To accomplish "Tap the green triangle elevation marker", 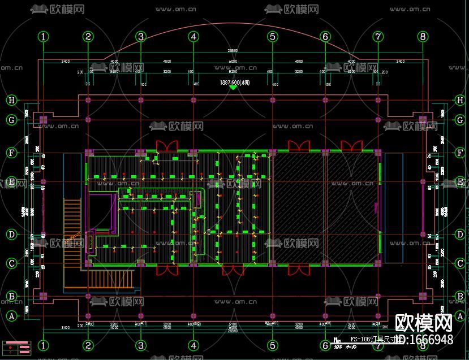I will coord(233,88).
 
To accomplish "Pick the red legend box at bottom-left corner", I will coord(17,346).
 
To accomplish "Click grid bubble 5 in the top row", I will coord(273,37).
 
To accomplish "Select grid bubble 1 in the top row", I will coord(44,37).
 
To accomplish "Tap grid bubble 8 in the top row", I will coord(423,37).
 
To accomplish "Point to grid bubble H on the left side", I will coord(11,100).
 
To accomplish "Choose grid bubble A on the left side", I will coord(11,316).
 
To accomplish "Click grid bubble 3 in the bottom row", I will coord(141,345).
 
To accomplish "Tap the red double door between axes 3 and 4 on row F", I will coord(167,146).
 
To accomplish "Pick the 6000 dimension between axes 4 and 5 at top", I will coord(233,61).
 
